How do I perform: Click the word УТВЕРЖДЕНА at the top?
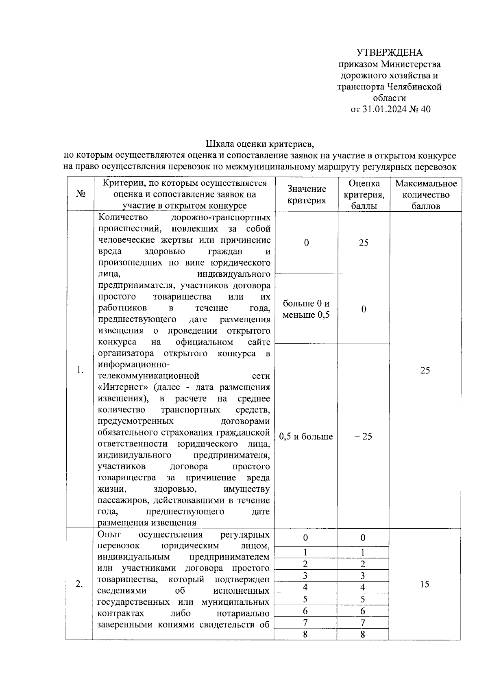click(x=390, y=53)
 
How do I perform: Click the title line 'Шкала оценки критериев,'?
click(x=260, y=144)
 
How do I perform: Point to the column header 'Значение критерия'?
click(x=307, y=195)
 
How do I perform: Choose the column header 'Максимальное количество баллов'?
click(x=425, y=195)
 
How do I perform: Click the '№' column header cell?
click(x=80, y=195)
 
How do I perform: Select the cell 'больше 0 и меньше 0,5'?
click(x=306, y=309)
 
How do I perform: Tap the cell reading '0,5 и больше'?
click(x=306, y=437)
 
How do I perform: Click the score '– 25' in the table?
click(x=363, y=437)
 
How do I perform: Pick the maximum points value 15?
click(x=425, y=584)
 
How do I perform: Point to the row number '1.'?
click(x=80, y=370)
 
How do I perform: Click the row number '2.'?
click(x=80, y=584)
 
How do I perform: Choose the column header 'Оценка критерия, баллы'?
click(x=364, y=195)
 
